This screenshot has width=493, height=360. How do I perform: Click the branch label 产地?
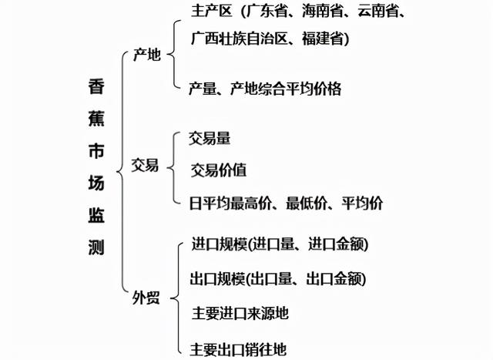pyautogui.click(x=147, y=56)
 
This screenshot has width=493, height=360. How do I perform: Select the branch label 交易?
pyautogui.click(x=146, y=165)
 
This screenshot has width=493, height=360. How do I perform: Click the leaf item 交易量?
pyautogui.click(x=210, y=138)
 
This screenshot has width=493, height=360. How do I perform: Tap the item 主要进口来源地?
pyautogui.click(x=239, y=313)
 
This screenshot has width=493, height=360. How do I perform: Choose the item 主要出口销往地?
pyautogui.click(x=239, y=348)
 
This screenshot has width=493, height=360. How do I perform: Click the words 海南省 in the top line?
pyautogui.click(x=320, y=11)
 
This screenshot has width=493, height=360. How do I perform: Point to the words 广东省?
pyautogui.click(x=266, y=11)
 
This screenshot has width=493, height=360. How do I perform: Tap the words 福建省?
pyautogui.click(x=323, y=37)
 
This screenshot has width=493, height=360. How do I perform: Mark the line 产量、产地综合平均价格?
pyautogui.click(x=264, y=88)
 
